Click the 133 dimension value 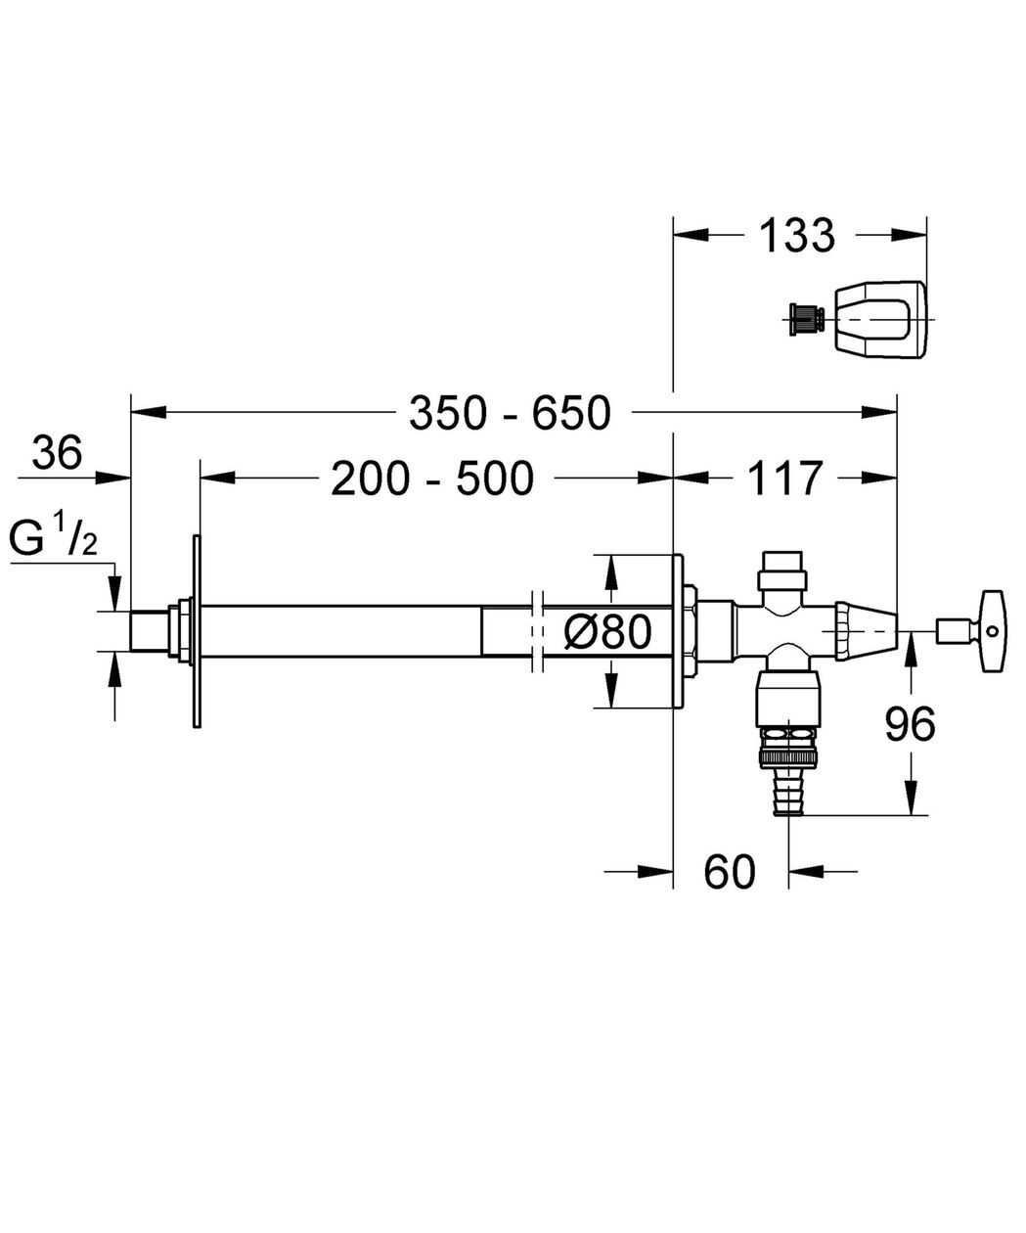796,235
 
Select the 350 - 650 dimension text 510,413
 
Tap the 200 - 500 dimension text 432,478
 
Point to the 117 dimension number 784,478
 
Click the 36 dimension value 58,453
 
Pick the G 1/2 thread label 53,535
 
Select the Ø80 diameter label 607,631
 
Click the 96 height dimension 910,724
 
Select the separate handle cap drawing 880,319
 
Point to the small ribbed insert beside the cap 806,319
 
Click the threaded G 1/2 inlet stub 150,631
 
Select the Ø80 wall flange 678,631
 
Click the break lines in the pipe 537,631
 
